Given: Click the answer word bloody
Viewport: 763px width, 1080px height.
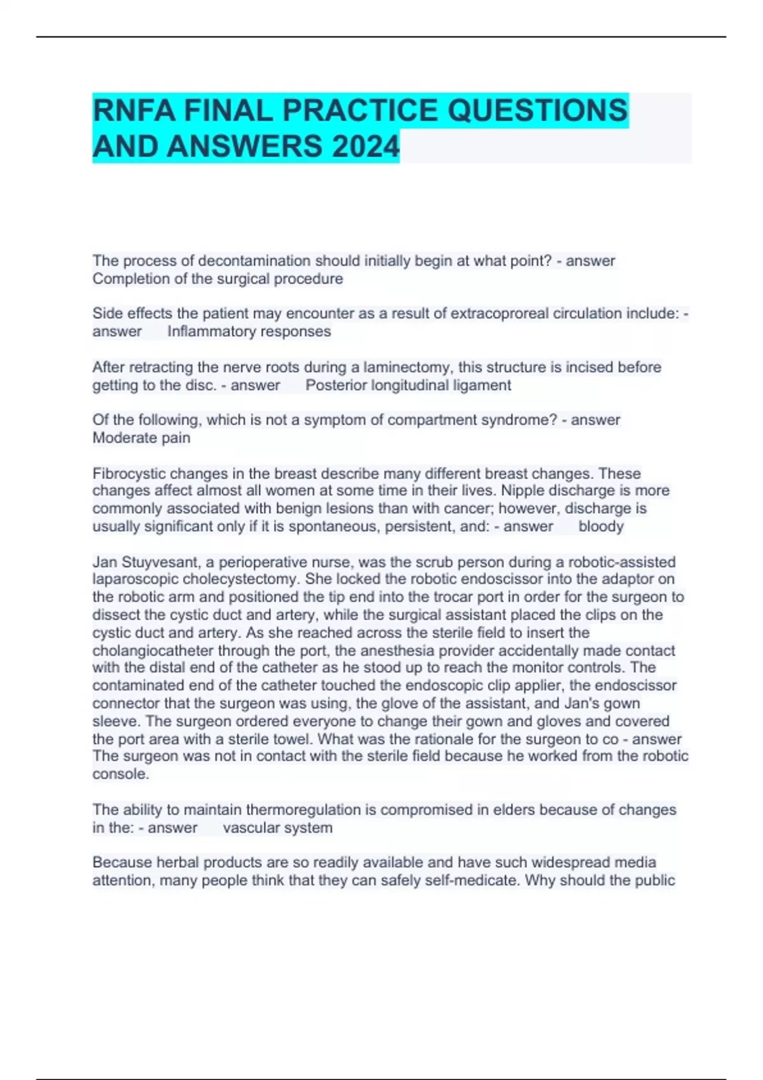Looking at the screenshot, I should coord(601,526).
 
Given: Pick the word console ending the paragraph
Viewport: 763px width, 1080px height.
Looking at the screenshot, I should coord(120,774).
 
